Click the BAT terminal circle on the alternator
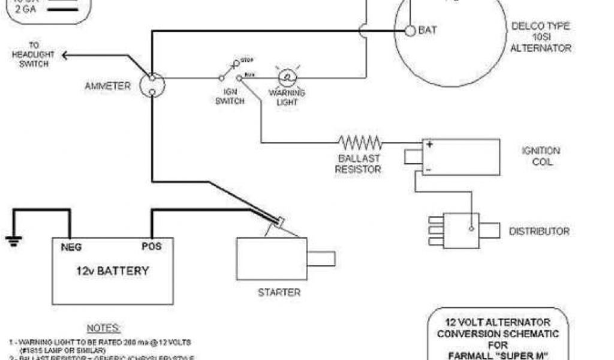410,31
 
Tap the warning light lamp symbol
287,77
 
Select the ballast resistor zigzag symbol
360,142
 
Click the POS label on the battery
151,246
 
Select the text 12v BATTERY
112,271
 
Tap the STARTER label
279,293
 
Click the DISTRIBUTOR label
539,231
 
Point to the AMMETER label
107,86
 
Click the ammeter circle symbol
152,85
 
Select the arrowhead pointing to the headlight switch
65,56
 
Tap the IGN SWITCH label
230,97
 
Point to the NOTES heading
104,328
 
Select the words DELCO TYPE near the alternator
540,26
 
